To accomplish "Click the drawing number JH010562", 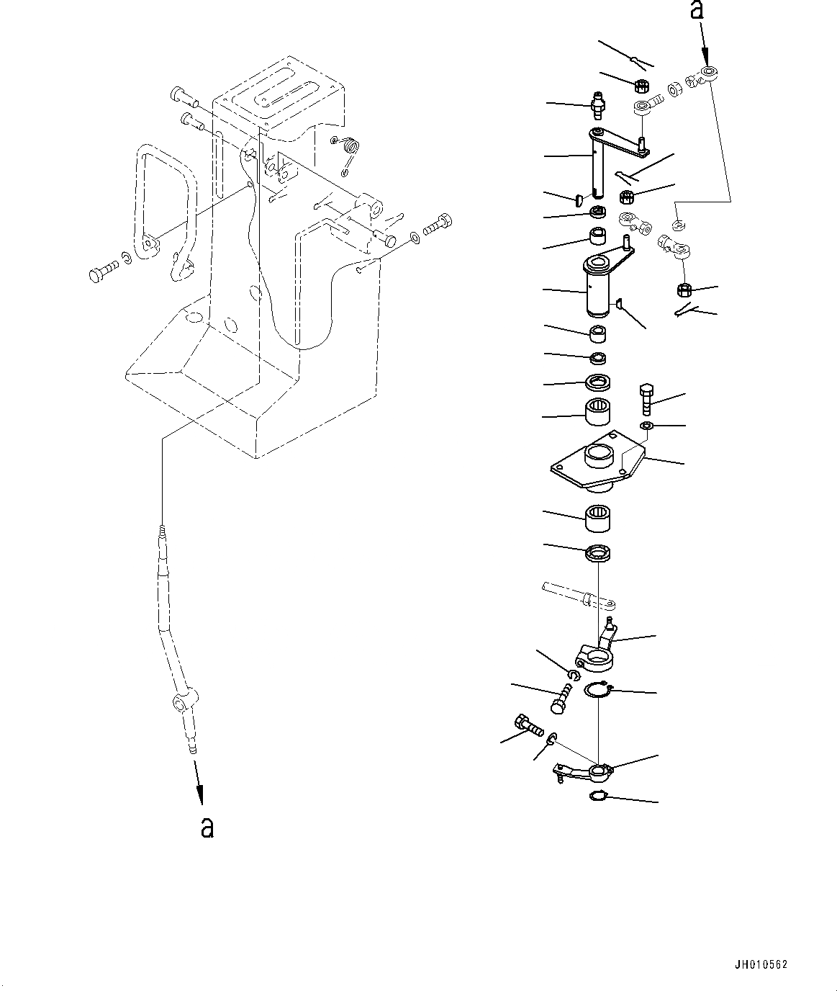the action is [761, 964].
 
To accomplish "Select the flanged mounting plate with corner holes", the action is [597, 461].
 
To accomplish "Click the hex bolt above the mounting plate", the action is [646, 398].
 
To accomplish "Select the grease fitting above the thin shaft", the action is [597, 106].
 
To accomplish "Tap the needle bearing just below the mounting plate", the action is [597, 519].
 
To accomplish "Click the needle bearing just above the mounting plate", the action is [597, 411].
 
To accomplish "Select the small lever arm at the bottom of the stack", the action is [583, 770].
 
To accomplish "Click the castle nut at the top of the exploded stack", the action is [641, 86].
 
